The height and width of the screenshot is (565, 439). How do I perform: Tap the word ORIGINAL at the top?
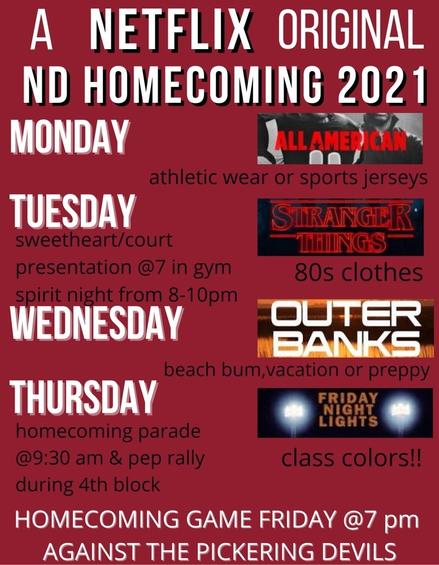(351, 29)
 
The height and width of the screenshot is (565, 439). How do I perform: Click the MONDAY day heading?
(70, 137)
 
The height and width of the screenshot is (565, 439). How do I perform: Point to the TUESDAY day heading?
(72, 211)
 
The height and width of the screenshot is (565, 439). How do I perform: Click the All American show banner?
(340, 139)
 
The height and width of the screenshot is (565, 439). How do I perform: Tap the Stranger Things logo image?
(340, 227)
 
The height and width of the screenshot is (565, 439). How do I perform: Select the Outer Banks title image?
(345, 328)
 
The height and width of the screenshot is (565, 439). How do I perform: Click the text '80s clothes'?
(359, 273)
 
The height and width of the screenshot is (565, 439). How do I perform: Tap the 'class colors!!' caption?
(351, 458)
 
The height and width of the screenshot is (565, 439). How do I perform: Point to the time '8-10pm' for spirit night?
(203, 295)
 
